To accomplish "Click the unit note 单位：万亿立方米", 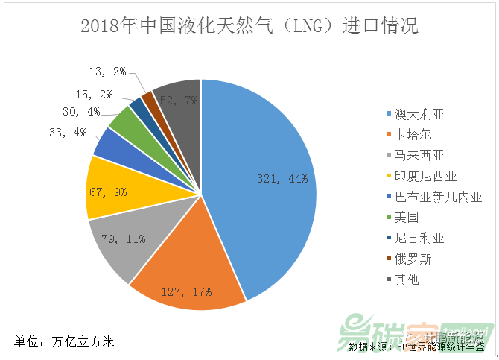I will coord(65,342).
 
